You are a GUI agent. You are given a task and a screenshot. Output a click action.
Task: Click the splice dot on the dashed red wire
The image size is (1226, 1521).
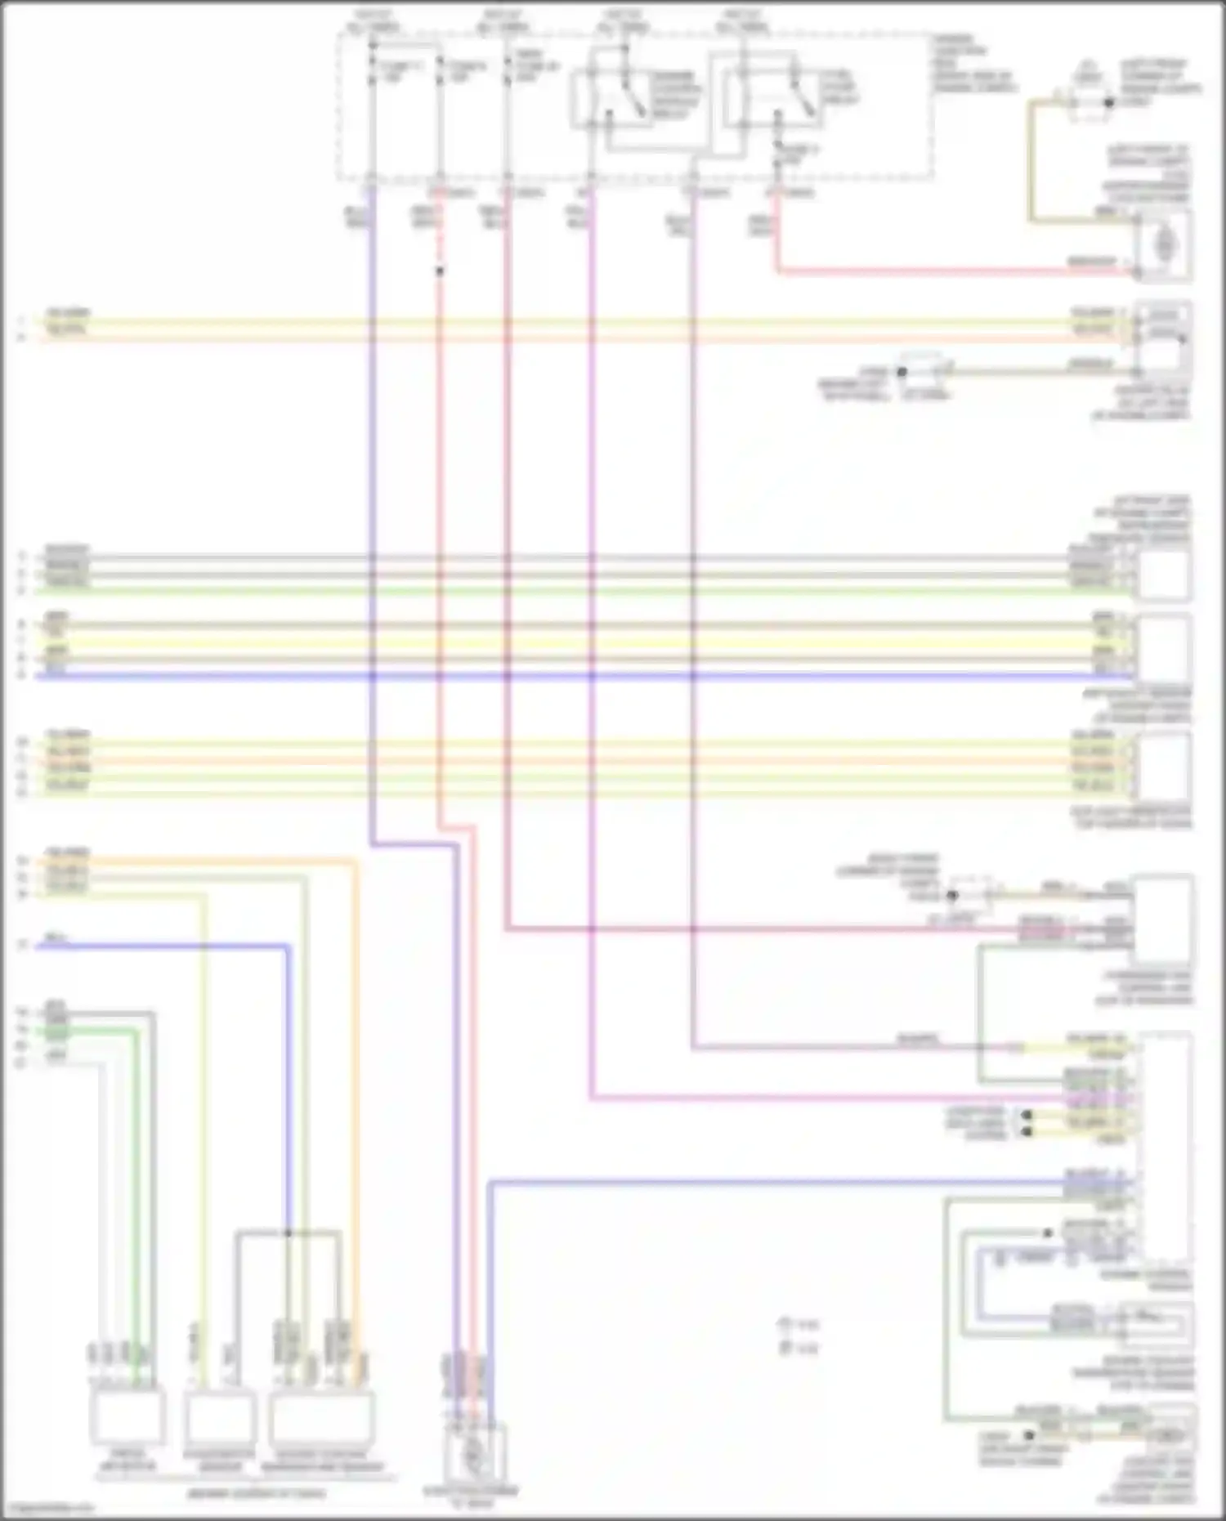440,271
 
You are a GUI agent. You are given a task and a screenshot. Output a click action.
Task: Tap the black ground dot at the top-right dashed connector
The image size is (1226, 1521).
1109,103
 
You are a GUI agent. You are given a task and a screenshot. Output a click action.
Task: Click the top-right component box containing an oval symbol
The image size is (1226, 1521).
1165,244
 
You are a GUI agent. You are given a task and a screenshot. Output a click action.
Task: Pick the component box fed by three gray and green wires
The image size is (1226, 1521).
1164,572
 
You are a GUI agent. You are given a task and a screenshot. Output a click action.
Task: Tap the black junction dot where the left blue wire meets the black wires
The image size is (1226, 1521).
288,1232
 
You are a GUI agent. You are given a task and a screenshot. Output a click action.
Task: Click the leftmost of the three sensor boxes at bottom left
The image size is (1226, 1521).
127,1417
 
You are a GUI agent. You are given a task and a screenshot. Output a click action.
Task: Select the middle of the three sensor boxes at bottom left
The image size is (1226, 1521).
219,1417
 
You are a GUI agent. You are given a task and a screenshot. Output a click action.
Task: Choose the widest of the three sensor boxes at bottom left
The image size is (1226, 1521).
322,1417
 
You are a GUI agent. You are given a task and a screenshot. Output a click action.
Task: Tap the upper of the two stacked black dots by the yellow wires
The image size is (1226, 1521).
1027,1115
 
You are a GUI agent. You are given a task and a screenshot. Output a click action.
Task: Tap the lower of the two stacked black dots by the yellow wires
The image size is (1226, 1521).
1027,1132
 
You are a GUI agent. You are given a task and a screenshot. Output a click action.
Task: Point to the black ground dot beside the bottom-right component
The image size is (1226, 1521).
1030,1435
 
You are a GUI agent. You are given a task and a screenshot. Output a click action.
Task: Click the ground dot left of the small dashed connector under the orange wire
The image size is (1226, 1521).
902,372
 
